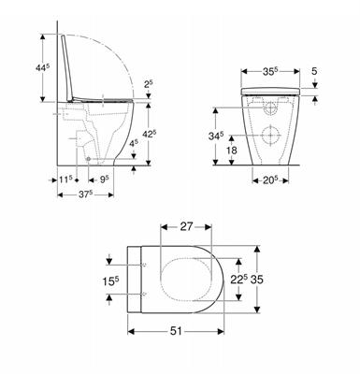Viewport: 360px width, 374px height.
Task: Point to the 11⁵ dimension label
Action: (x=65, y=177)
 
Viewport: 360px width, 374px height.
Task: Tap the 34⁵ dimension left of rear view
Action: (x=216, y=137)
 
